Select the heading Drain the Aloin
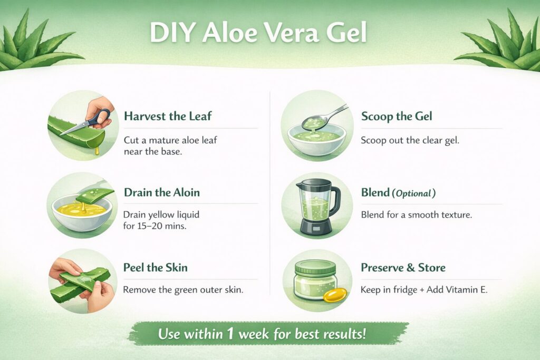[162, 192]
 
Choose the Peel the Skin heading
[156, 268]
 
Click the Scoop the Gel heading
[397, 116]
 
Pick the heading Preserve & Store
[403, 268]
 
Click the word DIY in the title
[170, 33]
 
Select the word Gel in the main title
[345, 33]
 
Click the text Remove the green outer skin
[183, 289]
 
